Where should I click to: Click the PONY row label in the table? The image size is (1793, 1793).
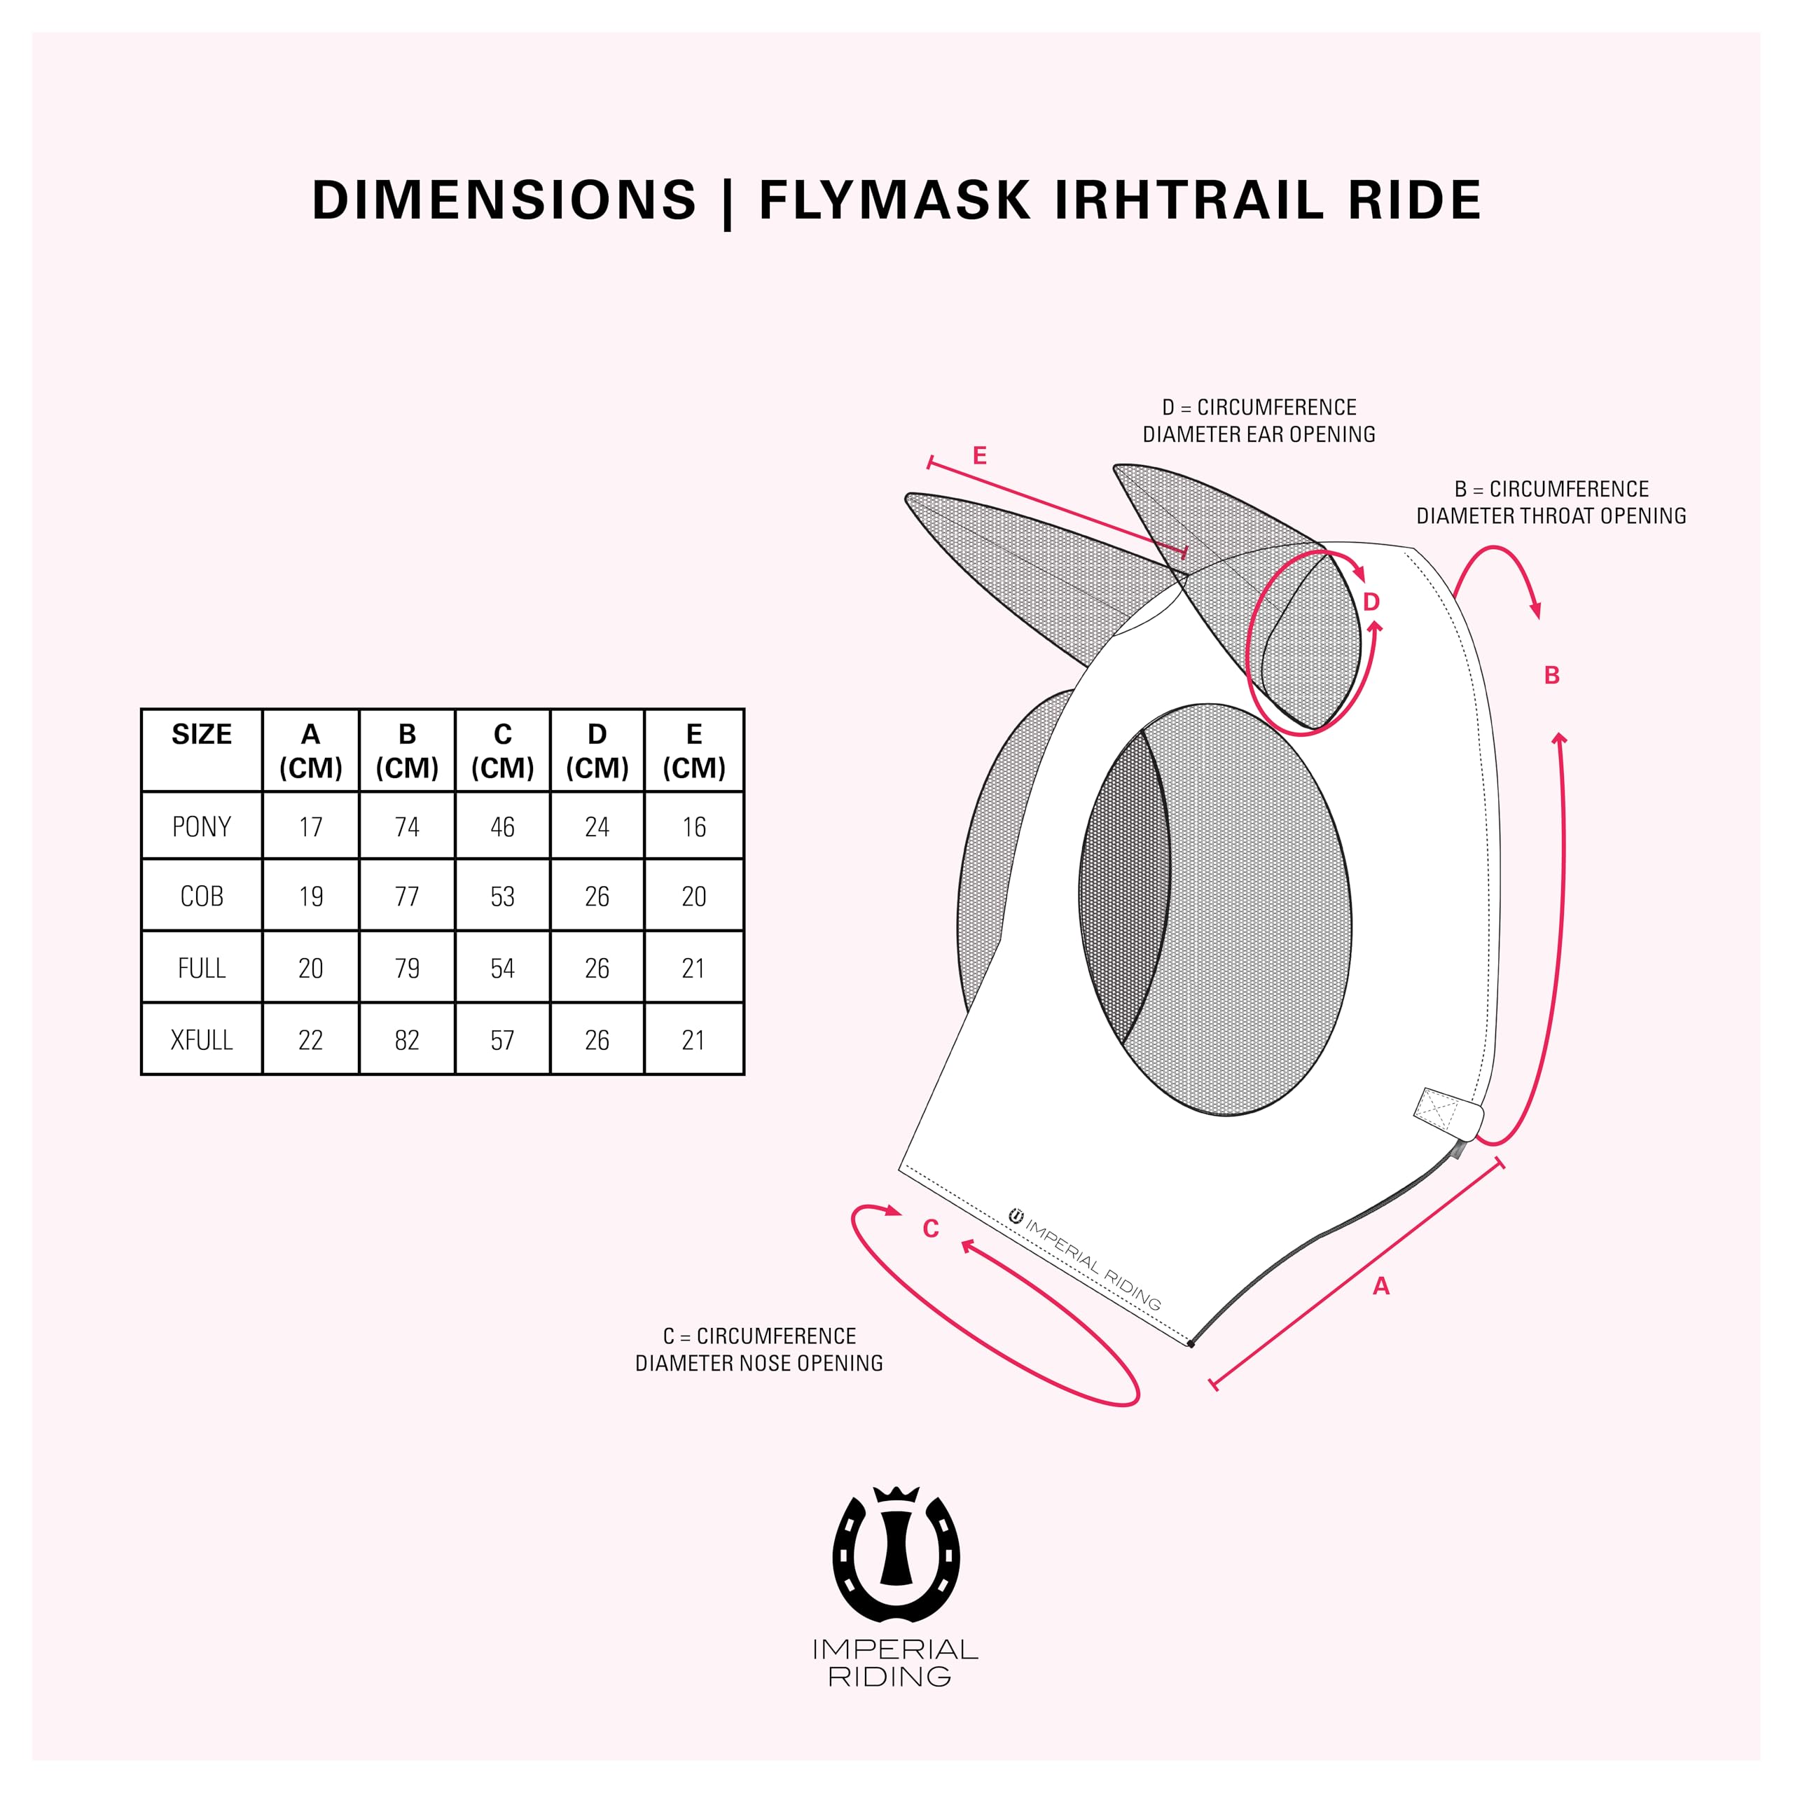pos(202,826)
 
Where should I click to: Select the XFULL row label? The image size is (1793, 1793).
pos(202,1039)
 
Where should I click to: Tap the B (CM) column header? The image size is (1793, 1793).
pos(406,751)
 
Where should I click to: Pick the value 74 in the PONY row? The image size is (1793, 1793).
pos(406,826)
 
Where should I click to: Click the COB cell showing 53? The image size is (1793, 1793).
pos(502,896)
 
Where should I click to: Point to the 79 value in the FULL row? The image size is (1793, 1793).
pos(406,968)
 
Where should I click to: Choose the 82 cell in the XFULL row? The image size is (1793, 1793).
pos(406,1039)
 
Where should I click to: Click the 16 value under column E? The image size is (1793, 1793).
pos(693,826)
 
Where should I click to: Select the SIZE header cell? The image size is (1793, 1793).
pos(202,734)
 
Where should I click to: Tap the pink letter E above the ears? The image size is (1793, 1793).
pos(979,456)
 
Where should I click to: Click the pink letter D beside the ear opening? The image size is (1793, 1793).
pos(1371,602)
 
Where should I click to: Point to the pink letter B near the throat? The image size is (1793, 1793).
pos(1551,676)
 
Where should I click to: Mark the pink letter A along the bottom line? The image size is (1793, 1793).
pos(1381,1285)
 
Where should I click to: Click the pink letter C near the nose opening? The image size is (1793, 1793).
pos(931,1228)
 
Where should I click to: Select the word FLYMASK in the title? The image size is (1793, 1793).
pos(894,200)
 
